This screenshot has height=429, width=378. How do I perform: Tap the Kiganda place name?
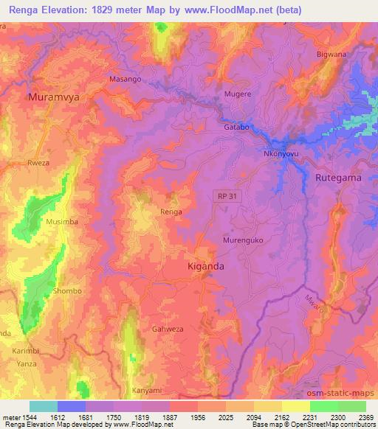coord(206,265)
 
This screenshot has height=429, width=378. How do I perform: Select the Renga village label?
coord(171,212)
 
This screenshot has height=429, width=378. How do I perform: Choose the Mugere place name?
coord(238,94)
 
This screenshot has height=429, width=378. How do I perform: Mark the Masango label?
coord(125,78)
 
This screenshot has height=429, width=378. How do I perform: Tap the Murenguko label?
coord(243,240)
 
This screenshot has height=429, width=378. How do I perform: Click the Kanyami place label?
coord(146,389)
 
